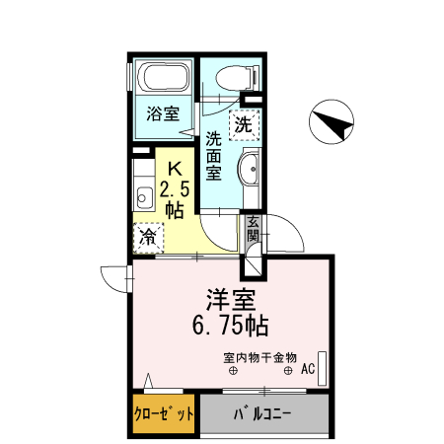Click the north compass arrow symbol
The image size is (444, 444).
(333, 124)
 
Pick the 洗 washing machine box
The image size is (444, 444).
(243, 124)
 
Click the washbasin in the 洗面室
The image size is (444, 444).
(250, 170)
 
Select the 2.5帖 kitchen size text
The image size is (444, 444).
(173, 197)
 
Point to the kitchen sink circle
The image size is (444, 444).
(141, 192)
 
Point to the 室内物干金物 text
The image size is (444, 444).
(259, 356)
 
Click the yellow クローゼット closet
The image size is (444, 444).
(164, 413)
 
